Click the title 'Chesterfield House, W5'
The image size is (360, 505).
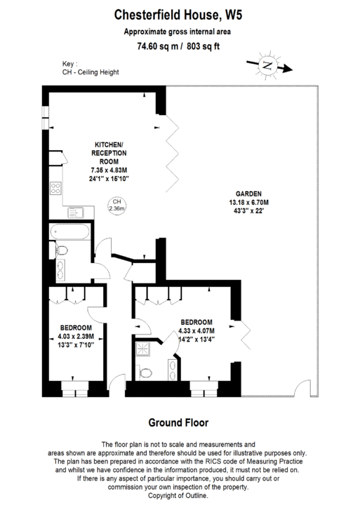[180, 13]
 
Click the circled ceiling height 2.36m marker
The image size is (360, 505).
[116, 206]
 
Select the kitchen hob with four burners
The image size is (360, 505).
[55, 189]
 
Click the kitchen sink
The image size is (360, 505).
[77, 213]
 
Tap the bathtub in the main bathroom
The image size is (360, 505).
[69, 231]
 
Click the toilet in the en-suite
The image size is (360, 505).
[146, 372]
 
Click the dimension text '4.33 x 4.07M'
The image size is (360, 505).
[196, 331]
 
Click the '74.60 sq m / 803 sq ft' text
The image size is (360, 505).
[179, 47]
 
